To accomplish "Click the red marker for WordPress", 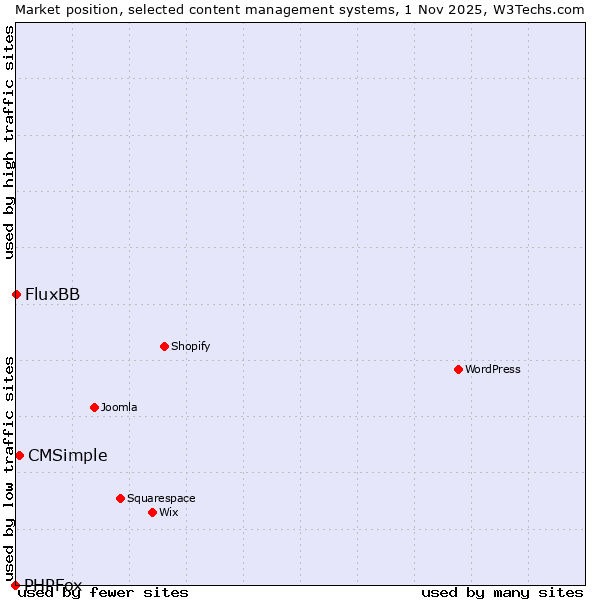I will tap(458, 369).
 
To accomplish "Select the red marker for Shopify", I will tap(164, 346).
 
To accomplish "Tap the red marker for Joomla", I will tap(94, 407).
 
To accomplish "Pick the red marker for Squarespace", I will tap(120, 498).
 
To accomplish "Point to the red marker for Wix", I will tap(152, 512).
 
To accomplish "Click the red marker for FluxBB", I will tap(16, 294).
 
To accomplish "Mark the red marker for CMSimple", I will tap(19, 455).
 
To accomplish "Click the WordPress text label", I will tap(493, 369).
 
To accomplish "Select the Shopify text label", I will tap(190, 346).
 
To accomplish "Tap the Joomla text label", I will tap(119, 407).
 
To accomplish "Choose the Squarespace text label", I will tap(161, 498).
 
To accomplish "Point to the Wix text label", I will tap(168, 512).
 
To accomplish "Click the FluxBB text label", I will tap(53, 294).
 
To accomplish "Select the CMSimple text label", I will tap(67, 455).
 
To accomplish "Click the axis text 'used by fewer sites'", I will tap(104, 592).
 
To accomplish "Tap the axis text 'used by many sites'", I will tap(502, 592).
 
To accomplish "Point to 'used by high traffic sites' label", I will tap(9, 142).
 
